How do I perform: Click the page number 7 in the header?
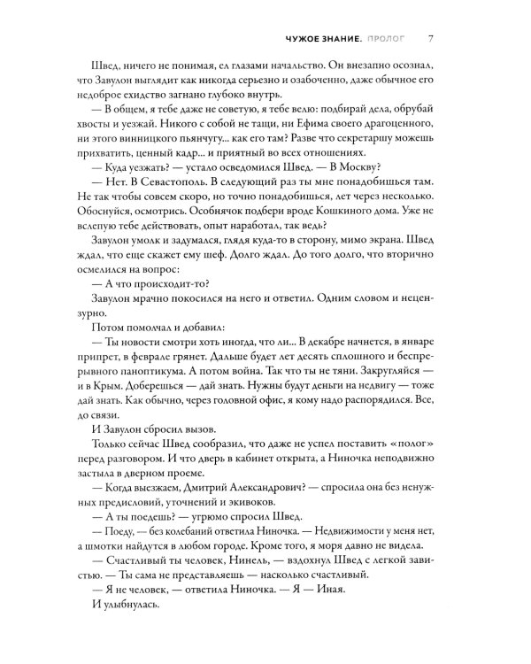click(x=429, y=38)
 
